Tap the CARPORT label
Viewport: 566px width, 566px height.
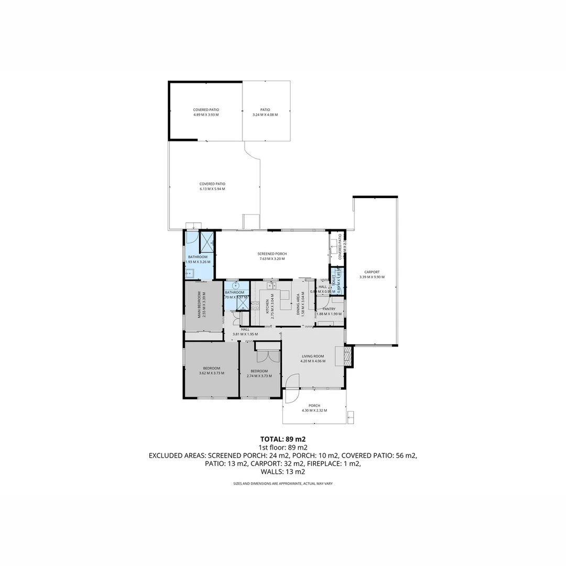pos(375,272)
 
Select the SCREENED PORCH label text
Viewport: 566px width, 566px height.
pos(273,254)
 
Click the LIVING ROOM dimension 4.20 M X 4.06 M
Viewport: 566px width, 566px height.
pos(313,361)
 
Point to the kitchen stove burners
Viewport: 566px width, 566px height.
pos(255,306)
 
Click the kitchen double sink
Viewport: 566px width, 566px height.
pos(271,286)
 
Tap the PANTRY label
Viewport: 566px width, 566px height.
pos(329,309)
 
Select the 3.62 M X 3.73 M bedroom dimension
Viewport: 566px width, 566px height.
pos(212,373)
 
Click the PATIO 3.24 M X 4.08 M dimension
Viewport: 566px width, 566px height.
pos(265,114)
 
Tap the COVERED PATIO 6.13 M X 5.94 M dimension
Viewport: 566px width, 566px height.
pos(212,189)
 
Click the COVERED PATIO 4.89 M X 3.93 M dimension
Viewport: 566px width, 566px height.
pos(206,114)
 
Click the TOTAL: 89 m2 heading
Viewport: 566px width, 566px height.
pos(283,439)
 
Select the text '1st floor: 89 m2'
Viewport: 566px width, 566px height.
pos(283,447)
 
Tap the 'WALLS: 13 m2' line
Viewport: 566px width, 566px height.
pos(283,472)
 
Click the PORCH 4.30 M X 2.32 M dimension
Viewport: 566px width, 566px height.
pos(314,410)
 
